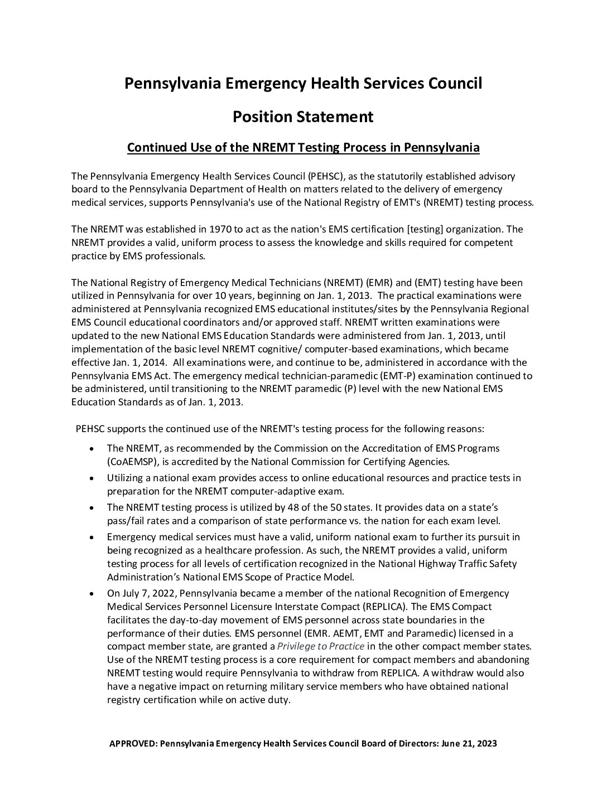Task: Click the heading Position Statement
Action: [303, 117]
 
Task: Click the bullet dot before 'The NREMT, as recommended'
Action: [92, 448]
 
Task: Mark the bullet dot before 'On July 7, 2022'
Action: [92, 593]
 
